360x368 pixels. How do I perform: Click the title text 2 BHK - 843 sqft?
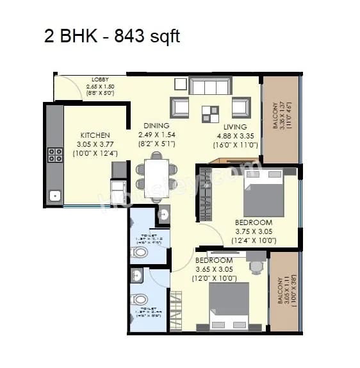(x=112, y=36)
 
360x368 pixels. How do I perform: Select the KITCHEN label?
(x=94, y=135)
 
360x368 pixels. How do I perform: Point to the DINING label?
(x=156, y=126)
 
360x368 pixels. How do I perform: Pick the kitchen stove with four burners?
(x=55, y=155)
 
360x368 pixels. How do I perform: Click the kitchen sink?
(x=55, y=195)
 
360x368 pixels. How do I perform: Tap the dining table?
(x=156, y=178)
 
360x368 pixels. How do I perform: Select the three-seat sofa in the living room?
(x=209, y=87)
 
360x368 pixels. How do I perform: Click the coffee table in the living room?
(x=210, y=113)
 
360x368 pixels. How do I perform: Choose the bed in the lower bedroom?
(x=229, y=306)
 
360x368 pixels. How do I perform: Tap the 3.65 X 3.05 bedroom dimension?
(x=215, y=270)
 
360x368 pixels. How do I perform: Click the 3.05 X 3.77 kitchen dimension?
(x=95, y=144)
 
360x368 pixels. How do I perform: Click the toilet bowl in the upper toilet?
(x=139, y=252)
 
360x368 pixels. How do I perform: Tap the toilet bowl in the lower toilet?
(x=139, y=299)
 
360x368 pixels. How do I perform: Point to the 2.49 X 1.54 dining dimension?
(x=156, y=135)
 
